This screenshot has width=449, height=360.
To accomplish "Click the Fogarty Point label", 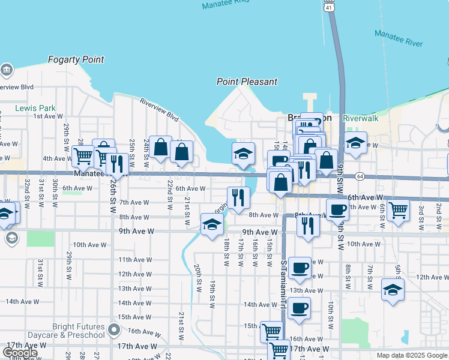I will (x=76, y=60).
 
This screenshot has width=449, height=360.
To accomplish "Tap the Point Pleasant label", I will (x=247, y=82).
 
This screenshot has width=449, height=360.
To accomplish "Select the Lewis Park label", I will (x=35, y=109).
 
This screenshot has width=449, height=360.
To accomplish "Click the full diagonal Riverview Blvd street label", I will (x=160, y=110).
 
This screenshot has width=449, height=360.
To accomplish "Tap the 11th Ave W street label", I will (x=134, y=260).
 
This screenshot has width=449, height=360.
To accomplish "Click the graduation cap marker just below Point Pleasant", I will (x=243, y=154).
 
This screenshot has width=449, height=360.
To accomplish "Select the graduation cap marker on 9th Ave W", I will (x=212, y=225).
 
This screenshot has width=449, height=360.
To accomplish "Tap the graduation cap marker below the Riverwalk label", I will (x=355, y=143).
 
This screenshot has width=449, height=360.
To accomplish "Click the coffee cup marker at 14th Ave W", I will (x=299, y=308).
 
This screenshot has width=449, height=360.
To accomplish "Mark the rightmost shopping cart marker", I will (x=398, y=211).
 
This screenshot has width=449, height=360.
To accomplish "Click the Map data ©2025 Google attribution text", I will (x=412, y=355).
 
